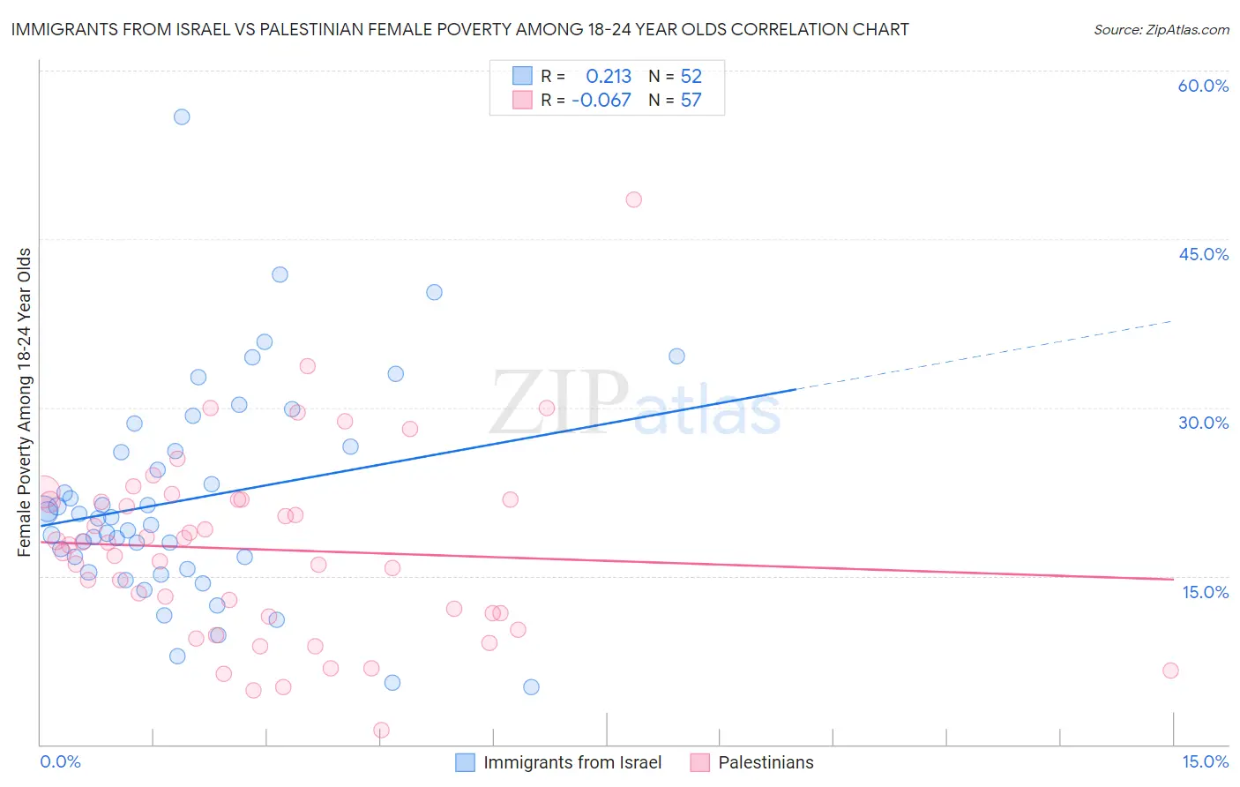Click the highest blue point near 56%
click(x=182, y=116)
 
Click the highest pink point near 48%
click(x=633, y=199)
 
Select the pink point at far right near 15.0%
click(x=1170, y=671)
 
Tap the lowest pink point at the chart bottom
click(x=381, y=730)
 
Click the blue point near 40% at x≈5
click(x=434, y=292)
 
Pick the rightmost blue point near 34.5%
click(x=676, y=356)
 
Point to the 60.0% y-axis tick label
click(x=1203, y=86)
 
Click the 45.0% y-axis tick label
click(x=1203, y=254)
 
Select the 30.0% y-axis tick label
click(x=1203, y=423)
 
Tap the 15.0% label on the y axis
click(x=1205, y=592)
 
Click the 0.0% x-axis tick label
click(x=60, y=762)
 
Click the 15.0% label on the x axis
click(x=1205, y=762)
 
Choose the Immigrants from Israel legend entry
click(x=571, y=762)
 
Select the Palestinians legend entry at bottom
click(x=766, y=762)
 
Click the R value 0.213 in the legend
click(x=609, y=76)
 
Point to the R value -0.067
click(x=601, y=101)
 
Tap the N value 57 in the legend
click(x=691, y=101)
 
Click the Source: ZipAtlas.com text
click(x=1161, y=30)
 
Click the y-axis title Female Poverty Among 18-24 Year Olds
click(x=25, y=402)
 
